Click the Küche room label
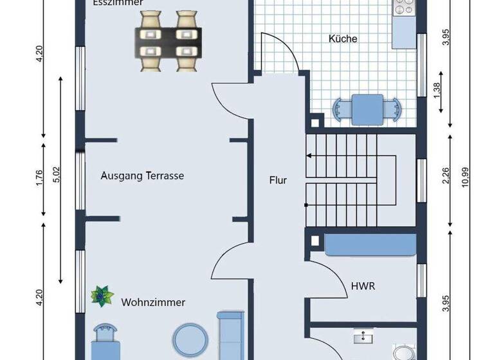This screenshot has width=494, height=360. (343, 39)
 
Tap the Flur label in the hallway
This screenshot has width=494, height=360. (278, 181)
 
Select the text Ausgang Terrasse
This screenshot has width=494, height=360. (143, 175)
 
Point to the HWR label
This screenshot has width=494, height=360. (363, 286)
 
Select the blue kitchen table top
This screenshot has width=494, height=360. (367, 109)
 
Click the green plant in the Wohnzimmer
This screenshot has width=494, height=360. (101, 296)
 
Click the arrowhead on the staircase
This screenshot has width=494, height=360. (309, 155)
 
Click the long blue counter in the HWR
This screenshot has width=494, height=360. (369, 244)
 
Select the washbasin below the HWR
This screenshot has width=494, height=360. (364, 336)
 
